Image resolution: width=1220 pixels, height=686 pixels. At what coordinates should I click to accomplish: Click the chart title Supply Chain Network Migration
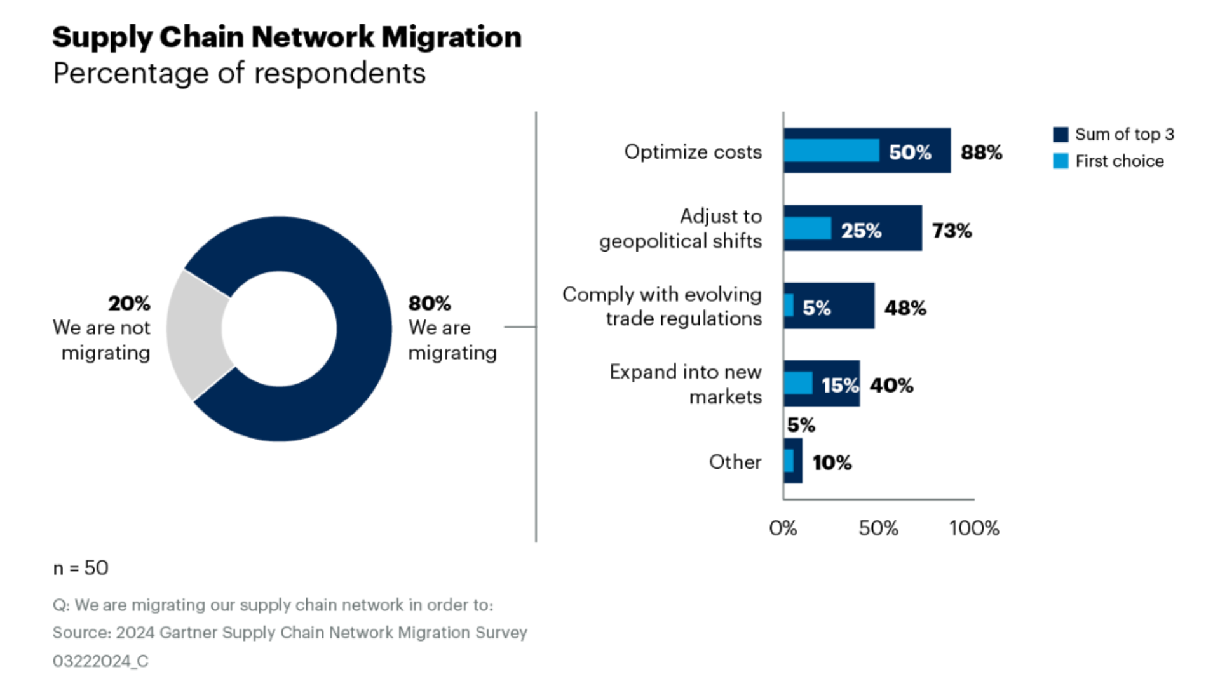tap(287, 37)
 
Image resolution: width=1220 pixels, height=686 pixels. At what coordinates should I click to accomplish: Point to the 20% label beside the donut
tap(129, 303)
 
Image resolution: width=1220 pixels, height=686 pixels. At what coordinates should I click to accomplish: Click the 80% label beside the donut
tap(430, 303)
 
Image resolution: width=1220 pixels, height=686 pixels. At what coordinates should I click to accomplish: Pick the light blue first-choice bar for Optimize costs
tap(831, 151)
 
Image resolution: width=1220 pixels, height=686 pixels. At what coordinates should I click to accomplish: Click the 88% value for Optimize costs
tap(981, 152)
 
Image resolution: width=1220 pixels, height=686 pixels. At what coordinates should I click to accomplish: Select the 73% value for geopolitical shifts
tap(952, 231)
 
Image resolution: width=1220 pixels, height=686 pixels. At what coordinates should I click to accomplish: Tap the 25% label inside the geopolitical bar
tap(861, 231)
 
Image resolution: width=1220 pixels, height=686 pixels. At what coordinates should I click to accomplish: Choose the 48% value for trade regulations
tap(905, 308)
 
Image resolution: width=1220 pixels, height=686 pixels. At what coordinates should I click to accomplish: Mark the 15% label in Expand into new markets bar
tap(839, 385)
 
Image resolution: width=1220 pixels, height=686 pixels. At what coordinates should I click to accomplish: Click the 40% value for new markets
tap(891, 385)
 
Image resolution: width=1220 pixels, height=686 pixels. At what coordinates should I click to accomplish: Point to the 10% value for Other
tap(832, 462)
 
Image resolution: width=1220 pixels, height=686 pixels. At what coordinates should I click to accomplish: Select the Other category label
tap(735, 462)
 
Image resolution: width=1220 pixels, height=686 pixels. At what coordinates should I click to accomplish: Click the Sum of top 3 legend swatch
tap(1061, 135)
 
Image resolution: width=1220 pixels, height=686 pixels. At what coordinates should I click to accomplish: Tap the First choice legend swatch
tap(1061, 161)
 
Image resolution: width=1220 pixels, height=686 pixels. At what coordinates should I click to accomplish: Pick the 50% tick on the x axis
tap(878, 528)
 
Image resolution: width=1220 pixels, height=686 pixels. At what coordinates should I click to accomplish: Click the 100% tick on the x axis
tap(974, 528)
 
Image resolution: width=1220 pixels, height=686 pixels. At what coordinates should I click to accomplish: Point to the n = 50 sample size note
tap(81, 567)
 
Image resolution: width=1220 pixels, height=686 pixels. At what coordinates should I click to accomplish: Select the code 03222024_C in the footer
tap(100, 661)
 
